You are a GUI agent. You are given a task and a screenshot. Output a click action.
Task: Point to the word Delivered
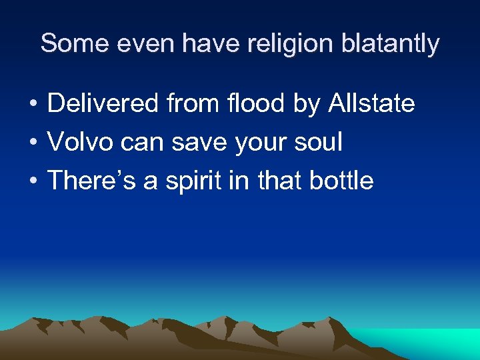tap(103, 103)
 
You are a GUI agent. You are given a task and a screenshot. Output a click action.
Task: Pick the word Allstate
tap(371, 103)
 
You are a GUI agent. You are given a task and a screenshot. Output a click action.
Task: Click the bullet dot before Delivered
tap(32, 105)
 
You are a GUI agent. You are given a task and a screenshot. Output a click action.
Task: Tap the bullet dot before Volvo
tap(32, 143)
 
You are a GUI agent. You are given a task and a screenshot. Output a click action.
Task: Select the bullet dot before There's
tap(32, 181)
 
